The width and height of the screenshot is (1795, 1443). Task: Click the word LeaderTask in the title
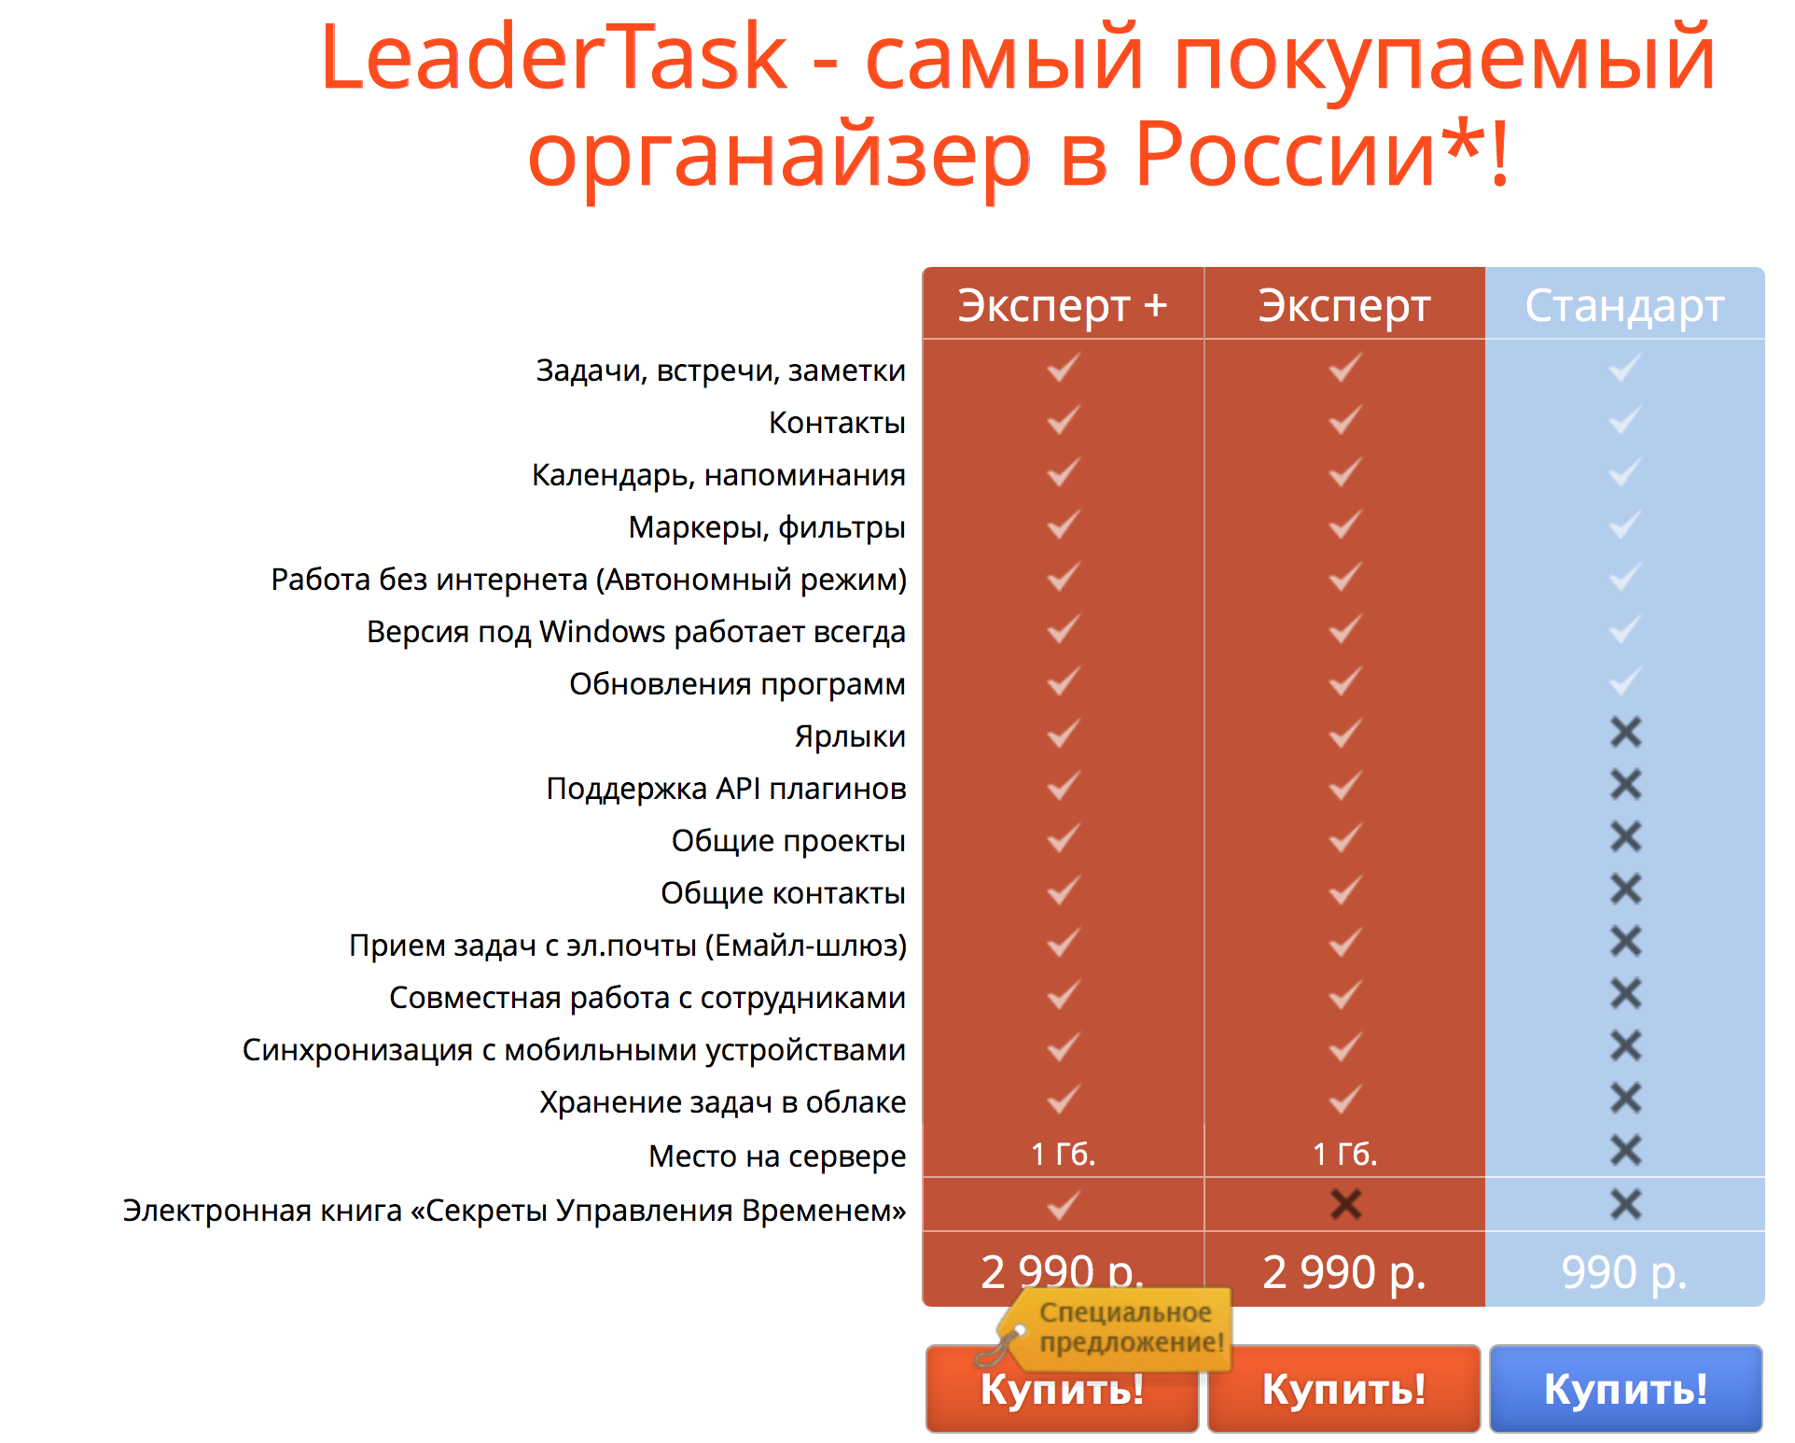[x=554, y=58]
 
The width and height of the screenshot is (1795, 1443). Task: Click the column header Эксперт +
[x=1063, y=305]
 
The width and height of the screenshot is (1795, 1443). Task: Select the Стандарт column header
[x=1624, y=306]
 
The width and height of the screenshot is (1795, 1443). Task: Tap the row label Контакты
[x=837, y=423]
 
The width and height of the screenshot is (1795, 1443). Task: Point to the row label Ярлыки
[x=850, y=736]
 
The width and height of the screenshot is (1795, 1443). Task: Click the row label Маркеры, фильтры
[x=767, y=527]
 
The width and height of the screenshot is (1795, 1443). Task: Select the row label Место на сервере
[x=777, y=1156]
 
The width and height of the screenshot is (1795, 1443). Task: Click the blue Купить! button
[x=1625, y=1388]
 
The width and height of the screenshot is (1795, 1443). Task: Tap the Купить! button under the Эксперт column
[x=1343, y=1388]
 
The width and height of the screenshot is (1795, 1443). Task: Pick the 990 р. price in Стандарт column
[x=1624, y=1272]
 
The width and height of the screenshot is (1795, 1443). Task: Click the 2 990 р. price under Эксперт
[x=1344, y=1272]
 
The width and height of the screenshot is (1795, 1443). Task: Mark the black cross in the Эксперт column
[x=1345, y=1204]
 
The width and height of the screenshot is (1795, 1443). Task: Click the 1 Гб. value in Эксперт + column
[x=1063, y=1155]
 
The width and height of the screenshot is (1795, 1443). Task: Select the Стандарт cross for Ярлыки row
[x=1625, y=733]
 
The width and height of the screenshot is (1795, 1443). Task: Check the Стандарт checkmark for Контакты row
[x=1625, y=419]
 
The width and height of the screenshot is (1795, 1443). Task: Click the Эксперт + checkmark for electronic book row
[x=1063, y=1205]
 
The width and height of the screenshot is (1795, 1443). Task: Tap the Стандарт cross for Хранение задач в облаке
[x=1625, y=1099]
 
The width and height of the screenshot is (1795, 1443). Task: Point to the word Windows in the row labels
[x=602, y=632]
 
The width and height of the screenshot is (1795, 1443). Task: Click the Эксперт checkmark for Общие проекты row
[x=1345, y=837]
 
